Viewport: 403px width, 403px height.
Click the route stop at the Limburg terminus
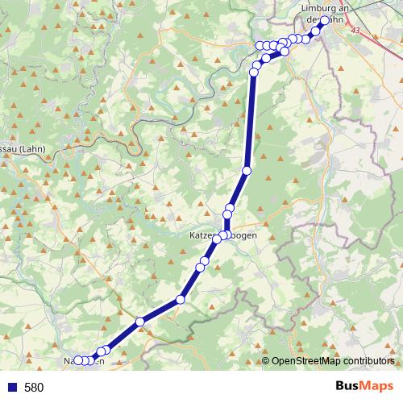tap(325, 21)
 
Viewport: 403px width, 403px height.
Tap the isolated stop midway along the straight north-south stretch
tap(247, 170)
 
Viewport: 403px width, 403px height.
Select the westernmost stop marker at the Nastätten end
tap(77, 360)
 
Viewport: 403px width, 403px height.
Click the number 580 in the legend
tap(34, 388)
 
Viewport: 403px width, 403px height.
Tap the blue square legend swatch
tap(11, 388)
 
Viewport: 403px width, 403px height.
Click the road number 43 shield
tap(356, 30)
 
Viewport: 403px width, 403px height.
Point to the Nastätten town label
tap(84, 361)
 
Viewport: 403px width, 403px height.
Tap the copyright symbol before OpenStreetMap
tap(266, 362)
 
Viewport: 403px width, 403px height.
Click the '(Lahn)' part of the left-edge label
tap(32, 148)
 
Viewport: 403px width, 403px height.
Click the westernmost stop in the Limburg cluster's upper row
tap(260, 46)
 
